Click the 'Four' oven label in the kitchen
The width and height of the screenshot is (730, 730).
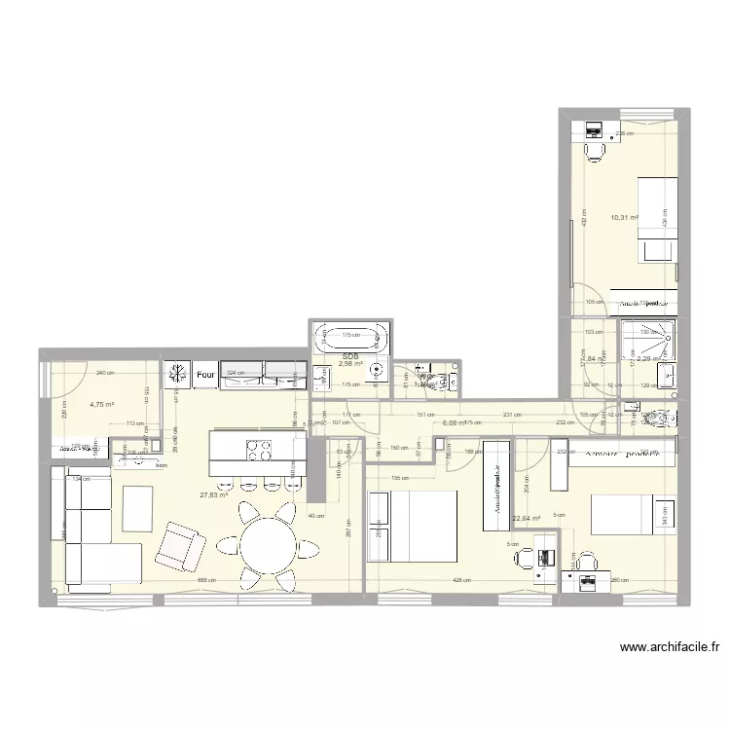point(204,374)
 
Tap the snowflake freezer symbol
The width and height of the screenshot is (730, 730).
point(177,374)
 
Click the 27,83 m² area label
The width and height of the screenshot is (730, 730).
point(214,494)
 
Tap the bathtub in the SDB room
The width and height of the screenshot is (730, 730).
point(349,340)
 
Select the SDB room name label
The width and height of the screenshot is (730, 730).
point(349,357)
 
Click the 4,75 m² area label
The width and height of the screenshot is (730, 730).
point(102,404)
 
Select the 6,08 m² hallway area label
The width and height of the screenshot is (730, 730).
point(455,423)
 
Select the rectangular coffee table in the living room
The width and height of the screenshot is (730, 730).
point(136,508)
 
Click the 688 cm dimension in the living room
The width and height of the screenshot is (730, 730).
point(205,582)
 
